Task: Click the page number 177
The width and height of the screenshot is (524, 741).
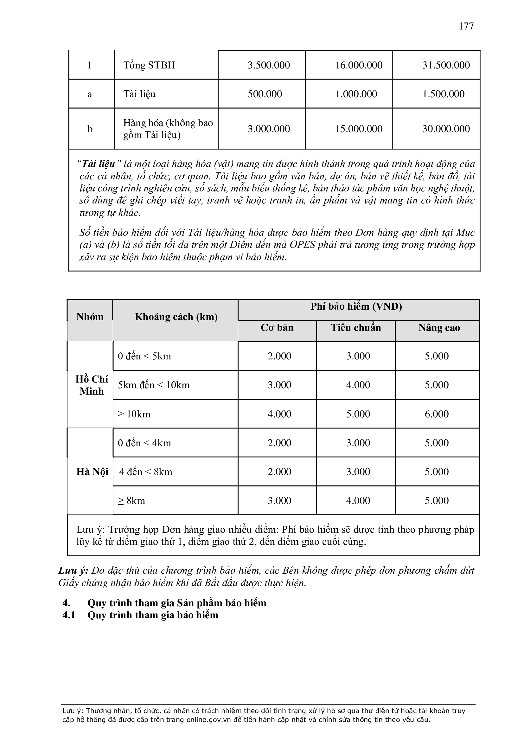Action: (x=466, y=26)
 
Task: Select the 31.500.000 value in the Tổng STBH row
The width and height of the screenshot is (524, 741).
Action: (x=446, y=65)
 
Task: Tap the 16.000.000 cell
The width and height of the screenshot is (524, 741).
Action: (x=359, y=65)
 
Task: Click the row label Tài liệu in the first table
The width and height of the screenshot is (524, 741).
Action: (x=139, y=94)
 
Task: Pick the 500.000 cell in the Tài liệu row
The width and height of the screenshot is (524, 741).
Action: (x=265, y=94)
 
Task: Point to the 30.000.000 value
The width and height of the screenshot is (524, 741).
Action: (x=446, y=129)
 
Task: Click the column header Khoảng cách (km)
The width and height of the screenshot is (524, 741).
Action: (x=176, y=317)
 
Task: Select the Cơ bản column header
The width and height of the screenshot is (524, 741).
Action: (x=277, y=328)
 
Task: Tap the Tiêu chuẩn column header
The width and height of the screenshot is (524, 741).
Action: (x=356, y=328)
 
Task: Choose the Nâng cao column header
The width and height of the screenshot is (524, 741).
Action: (x=439, y=328)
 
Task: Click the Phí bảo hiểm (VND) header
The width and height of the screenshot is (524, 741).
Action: (x=356, y=306)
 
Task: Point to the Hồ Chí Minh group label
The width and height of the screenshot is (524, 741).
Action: (x=92, y=385)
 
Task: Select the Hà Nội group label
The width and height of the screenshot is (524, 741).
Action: (x=92, y=472)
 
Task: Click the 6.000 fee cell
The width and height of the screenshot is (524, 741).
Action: (x=437, y=414)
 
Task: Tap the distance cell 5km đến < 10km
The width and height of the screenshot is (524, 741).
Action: (x=154, y=385)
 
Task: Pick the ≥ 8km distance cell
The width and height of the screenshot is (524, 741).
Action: (x=131, y=500)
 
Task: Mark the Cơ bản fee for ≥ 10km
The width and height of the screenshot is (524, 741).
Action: (x=279, y=414)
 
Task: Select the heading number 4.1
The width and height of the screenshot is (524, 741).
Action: (x=69, y=615)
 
